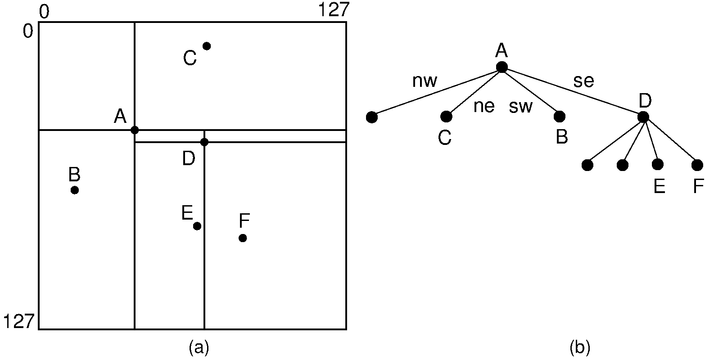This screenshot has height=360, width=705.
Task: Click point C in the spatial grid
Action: pyautogui.click(x=207, y=46)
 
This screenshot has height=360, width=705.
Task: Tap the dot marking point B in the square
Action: pyautogui.click(x=75, y=190)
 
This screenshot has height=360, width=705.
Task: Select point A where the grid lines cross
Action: pyautogui.click(x=135, y=130)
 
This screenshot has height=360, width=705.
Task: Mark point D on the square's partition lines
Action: pyautogui.click(x=204, y=142)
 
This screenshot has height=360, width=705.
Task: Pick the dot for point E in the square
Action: pyautogui.click(x=197, y=226)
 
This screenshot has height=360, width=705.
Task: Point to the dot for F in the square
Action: pyautogui.click(x=243, y=238)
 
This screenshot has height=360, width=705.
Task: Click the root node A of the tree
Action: pyautogui.click(x=502, y=67)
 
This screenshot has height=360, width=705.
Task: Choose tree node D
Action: pyautogui.click(x=643, y=117)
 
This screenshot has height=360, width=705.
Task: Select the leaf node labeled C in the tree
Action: pyautogui.click(x=446, y=117)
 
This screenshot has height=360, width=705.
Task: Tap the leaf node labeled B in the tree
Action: pyautogui.click(x=560, y=117)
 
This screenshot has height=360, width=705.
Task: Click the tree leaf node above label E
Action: pyautogui.click(x=658, y=165)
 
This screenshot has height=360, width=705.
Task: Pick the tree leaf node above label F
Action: pyautogui.click(x=697, y=165)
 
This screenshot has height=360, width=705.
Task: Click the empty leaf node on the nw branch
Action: pyautogui.click(x=371, y=117)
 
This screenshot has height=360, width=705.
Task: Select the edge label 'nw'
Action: pyautogui.click(x=425, y=81)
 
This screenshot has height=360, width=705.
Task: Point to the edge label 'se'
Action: pyautogui.click(x=583, y=81)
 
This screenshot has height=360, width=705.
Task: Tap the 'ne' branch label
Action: pyautogui.click(x=484, y=107)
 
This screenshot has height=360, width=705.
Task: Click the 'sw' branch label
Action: pyautogui.click(x=521, y=107)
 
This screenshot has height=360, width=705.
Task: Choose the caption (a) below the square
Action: pyautogui.click(x=199, y=347)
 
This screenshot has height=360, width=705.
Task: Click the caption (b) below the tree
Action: pyautogui.click(x=579, y=347)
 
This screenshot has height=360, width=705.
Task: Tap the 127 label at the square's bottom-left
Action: pyautogui.click(x=18, y=322)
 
